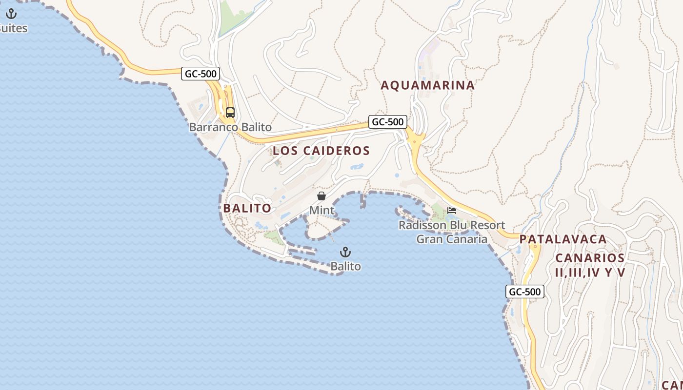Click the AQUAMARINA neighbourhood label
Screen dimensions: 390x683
tap(427, 85)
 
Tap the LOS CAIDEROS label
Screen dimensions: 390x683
tap(321, 151)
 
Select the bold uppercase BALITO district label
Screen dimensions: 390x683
tap(247, 208)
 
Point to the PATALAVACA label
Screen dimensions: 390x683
tap(563, 239)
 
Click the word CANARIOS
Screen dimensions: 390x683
tap(589, 258)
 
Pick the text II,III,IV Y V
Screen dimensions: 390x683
tap(589, 272)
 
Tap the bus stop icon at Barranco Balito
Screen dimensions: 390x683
tap(230, 113)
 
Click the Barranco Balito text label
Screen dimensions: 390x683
tap(230, 127)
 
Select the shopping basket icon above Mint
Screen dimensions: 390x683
tap(321, 196)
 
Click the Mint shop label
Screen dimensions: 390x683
tap(321, 210)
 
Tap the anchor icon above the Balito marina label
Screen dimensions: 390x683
tap(345, 252)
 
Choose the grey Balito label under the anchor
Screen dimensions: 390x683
tap(345, 266)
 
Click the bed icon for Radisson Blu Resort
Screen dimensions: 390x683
tap(452, 211)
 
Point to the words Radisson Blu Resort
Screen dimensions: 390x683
tap(452, 225)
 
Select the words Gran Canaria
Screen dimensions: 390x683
tap(452, 239)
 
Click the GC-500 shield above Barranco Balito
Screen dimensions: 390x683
tap(201, 74)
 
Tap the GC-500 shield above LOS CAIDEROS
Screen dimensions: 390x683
tap(387, 122)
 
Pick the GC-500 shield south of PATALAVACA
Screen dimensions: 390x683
tap(524, 292)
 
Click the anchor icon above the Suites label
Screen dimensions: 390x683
tap(11, 14)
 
